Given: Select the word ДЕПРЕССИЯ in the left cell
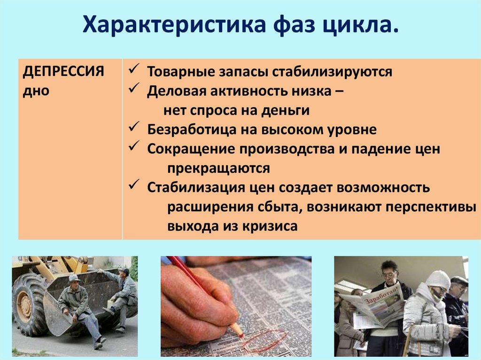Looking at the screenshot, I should tap(63, 72).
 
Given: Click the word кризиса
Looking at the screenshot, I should tap(271, 226).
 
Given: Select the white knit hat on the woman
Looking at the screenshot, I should tap(438, 280).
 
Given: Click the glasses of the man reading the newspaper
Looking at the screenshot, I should tap(389, 274).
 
